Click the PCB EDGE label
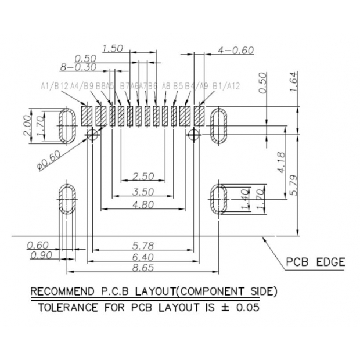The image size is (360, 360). click(316, 262)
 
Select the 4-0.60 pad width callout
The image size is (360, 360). click(236, 50)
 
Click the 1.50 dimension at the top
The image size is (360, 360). click(113, 48)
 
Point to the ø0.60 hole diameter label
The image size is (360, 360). click(48, 158)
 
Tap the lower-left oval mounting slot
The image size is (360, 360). click(66, 201)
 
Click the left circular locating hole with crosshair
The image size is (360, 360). click(91, 135)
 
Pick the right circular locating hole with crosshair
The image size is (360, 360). click(193, 135)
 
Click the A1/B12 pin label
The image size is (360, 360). click(55, 86)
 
